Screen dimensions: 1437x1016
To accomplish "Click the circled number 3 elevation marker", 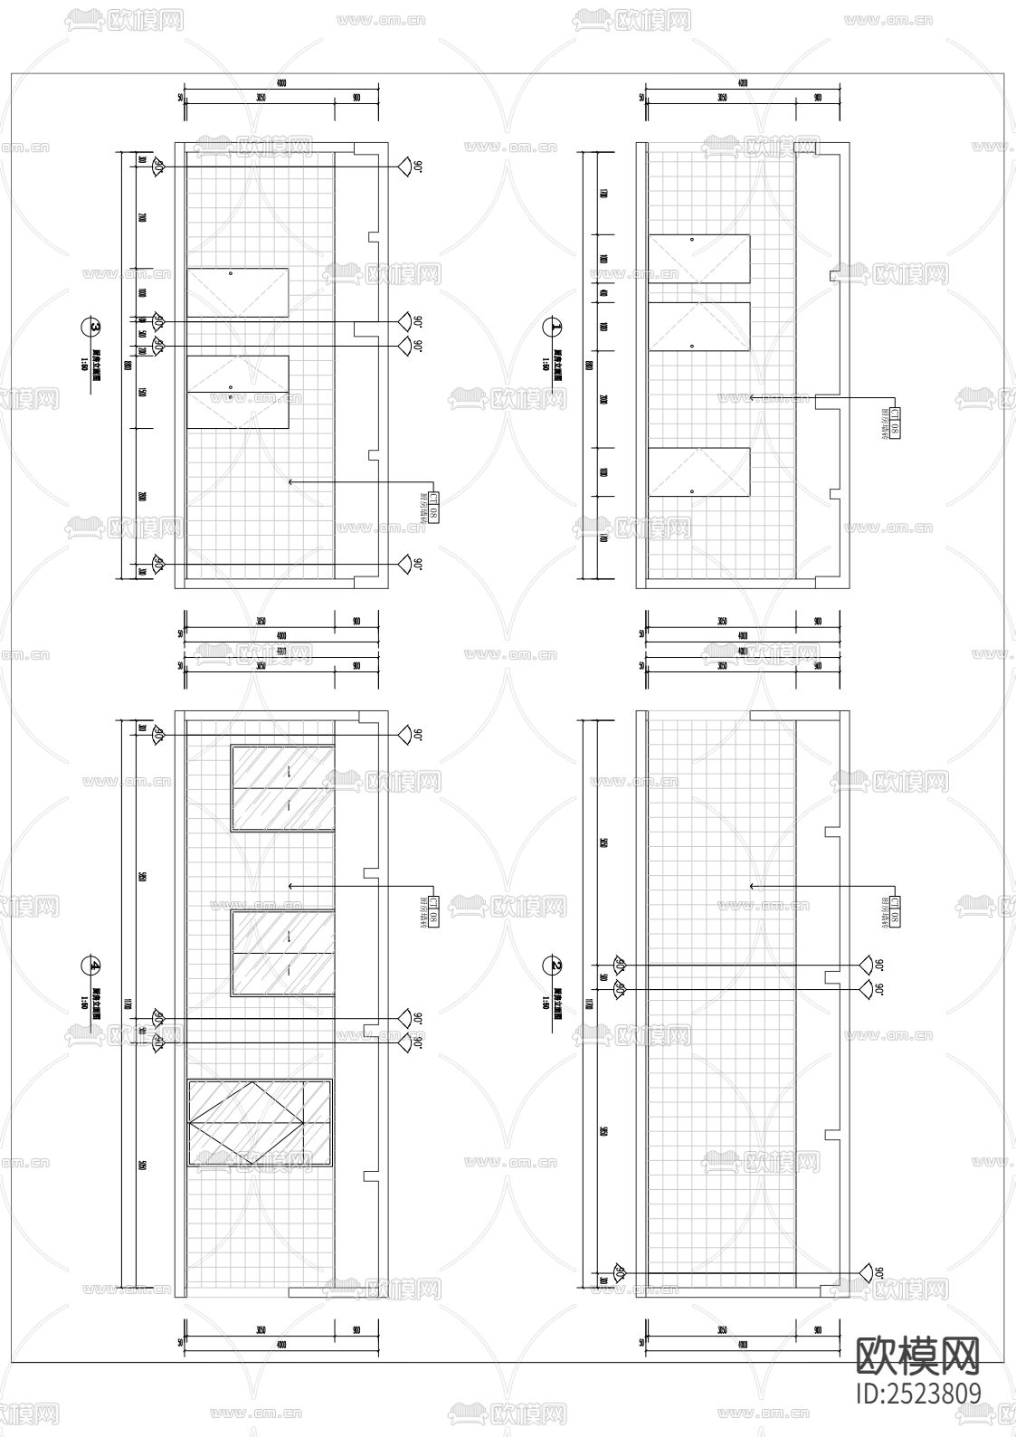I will pyautogui.click(x=91, y=327).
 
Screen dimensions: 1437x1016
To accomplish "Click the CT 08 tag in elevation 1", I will pyautogui.click(x=893, y=423).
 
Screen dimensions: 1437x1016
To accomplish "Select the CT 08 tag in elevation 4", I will pyautogui.click(x=434, y=914).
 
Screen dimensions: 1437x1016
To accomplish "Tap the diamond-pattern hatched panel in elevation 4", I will pyautogui.click(x=260, y=1121).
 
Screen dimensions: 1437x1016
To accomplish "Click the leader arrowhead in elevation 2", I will pyautogui.click(x=752, y=886).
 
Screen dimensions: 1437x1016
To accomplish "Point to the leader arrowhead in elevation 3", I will pyautogui.click(x=290, y=482).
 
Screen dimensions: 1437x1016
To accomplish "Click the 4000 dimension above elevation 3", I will pyautogui.click(x=280, y=83).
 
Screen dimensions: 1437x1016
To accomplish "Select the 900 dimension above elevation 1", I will pyautogui.click(x=818, y=98).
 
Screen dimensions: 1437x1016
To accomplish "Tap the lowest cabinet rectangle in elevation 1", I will pyautogui.click(x=699, y=472).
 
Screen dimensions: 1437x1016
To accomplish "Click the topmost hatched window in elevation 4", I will pyautogui.click(x=283, y=787).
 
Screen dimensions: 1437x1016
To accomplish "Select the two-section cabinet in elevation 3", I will pyautogui.click(x=238, y=391).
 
